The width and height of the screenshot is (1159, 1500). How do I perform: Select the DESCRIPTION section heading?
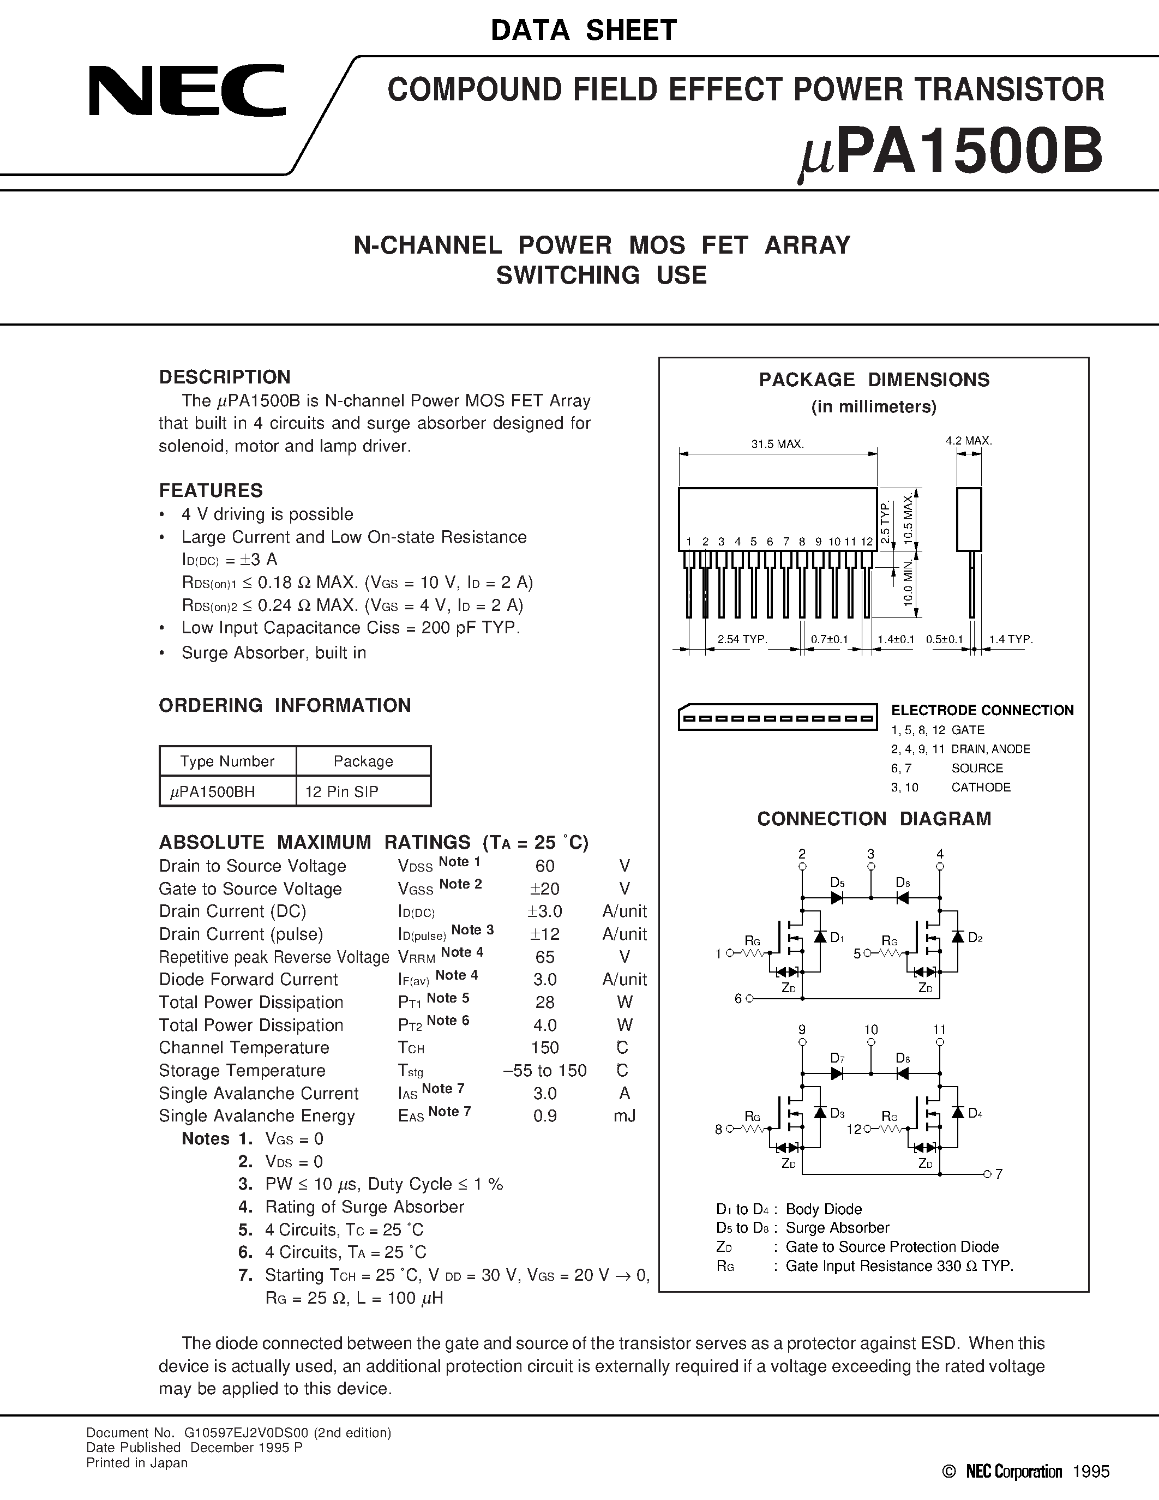pos(225,377)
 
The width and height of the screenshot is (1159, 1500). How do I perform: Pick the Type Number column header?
pos(227,761)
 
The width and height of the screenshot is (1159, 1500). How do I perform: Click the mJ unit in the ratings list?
pos(624,1116)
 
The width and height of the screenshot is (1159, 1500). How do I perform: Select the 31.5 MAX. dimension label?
pos(777,443)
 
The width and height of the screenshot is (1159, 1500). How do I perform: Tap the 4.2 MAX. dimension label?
pos(969,440)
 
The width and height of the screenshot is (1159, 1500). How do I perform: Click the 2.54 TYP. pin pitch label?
pos(742,639)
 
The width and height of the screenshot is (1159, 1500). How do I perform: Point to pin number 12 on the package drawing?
pos(867,541)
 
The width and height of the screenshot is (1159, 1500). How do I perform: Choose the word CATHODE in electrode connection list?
pos(981,787)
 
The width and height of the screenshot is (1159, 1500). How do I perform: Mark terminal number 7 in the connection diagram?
pos(999,1174)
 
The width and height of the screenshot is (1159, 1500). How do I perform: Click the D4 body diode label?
pos(975,1113)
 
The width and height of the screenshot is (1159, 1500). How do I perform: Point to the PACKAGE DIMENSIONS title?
pos(874,380)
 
